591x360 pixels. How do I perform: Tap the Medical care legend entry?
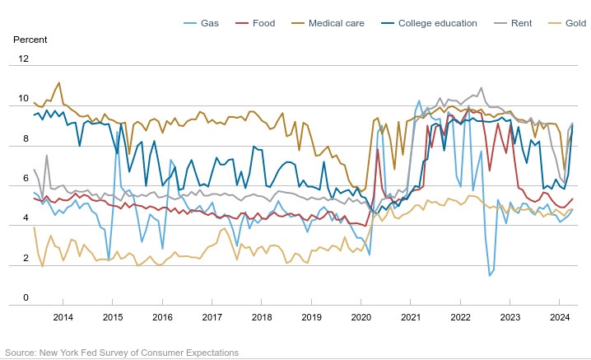pos(335,23)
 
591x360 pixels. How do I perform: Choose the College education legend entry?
pos(437,23)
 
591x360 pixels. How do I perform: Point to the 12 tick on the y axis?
pos(23,59)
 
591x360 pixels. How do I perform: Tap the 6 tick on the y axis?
pos(26,179)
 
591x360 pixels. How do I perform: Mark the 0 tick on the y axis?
pos(26,298)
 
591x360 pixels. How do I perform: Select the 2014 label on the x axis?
pos(63,317)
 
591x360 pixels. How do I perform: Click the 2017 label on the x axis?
pos(212,317)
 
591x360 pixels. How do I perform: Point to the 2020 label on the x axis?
pos(361,317)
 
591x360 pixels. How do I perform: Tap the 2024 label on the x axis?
pos(560,317)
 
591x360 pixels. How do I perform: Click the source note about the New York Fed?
pos(121,353)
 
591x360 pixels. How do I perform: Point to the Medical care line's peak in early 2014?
pos(58,82)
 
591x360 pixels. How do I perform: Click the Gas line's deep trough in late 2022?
pos(490,275)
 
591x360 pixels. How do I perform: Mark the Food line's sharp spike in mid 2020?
pos(378,149)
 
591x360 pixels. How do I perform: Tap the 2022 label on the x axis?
pos(460,317)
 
